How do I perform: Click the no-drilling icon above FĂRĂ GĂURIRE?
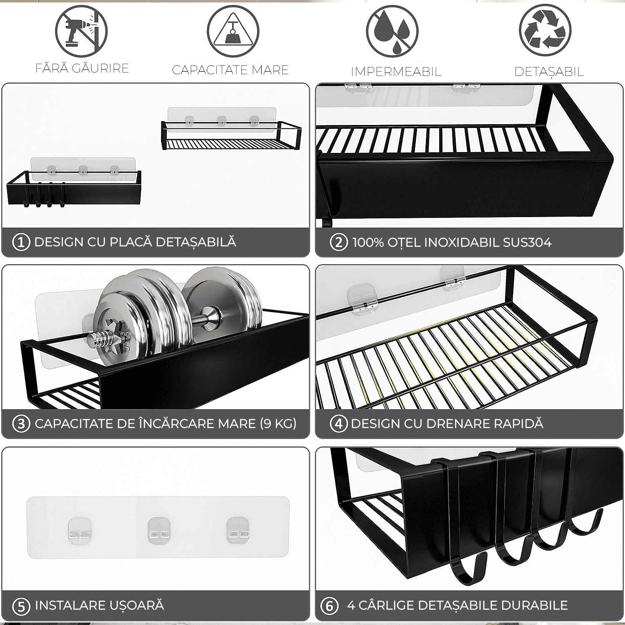click(x=82, y=31)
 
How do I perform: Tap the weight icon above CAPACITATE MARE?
click(x=233, y=31)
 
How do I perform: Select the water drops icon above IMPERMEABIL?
click(x=392, y=31)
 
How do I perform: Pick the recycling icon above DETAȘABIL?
click(x=545, y=31)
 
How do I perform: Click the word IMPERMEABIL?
click(x=396, y=72)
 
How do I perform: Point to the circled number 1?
click(x=21, y=242)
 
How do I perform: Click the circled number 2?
click(x=339, y=242)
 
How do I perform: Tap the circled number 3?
click(x=21, y=424)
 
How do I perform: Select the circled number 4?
click(x=339, y=424)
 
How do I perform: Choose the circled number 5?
click(x=21, y=606)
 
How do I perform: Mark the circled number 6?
click(x=329, y=606)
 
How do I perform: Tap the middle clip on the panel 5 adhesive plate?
click(x=158, y=530)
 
